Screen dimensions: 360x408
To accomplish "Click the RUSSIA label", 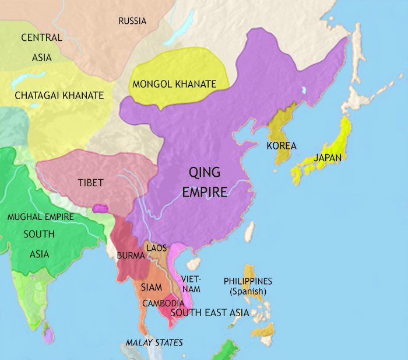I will [132, 21].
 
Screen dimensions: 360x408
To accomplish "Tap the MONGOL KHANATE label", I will [174, 84].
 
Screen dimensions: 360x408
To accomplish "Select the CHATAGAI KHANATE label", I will [59, 95].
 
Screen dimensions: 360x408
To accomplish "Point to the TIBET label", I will [90, 183].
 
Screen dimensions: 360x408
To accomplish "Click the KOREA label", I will [282, 146].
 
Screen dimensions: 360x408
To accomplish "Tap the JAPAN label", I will [328, 157].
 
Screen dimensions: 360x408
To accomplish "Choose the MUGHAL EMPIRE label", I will [40, 216].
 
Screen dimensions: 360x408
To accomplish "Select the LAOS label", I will [157, 247].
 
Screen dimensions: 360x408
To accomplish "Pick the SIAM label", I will [150, 287].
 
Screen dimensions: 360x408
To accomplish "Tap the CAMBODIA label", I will [163, 303].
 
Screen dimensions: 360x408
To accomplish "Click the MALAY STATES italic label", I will [154, 342].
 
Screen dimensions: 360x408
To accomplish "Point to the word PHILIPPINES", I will [248, 281].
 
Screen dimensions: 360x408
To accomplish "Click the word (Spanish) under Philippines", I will [248, 291].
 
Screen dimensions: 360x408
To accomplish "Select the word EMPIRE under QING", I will [205, 191].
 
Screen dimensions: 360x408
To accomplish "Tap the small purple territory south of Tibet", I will [100, 208].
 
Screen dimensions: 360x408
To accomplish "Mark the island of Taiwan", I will [249, 232].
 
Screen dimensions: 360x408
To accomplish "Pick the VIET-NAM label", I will [191, 283].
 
